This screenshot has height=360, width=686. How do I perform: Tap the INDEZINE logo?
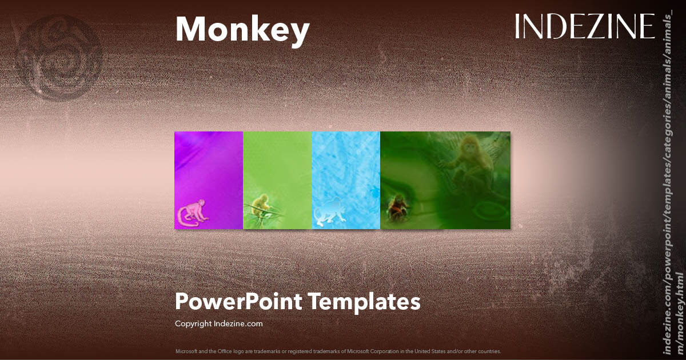tap(584, 27)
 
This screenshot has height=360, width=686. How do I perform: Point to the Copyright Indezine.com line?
tap(218, 323)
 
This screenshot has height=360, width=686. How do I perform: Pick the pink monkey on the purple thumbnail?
tap(192, 212)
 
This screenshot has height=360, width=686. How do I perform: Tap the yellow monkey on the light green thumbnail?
tap(262, 206)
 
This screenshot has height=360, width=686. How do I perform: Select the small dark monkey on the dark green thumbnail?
tap(397, 207)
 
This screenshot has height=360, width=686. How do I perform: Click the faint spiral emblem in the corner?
tap(60, 57)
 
